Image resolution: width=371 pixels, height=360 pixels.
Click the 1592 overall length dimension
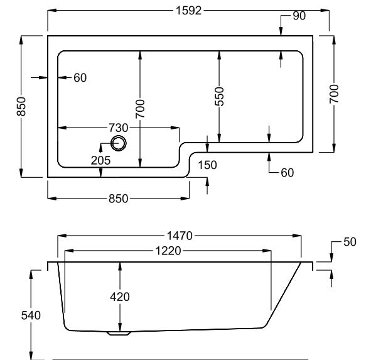[188, 11]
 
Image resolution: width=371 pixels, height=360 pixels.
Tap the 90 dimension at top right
[299, 16]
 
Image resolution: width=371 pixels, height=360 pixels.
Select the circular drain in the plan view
[119, 143]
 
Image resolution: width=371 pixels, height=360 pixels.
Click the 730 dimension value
[118, 128]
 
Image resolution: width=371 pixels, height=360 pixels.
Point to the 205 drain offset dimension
[100, 161]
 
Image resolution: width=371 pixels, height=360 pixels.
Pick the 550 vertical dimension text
[219, 96]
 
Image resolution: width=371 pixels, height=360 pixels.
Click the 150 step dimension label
[207, 165]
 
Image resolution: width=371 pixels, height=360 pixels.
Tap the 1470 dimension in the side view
[180, 236]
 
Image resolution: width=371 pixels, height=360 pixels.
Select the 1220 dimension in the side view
[168, 251]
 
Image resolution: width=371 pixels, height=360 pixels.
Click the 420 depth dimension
[120, 297]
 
